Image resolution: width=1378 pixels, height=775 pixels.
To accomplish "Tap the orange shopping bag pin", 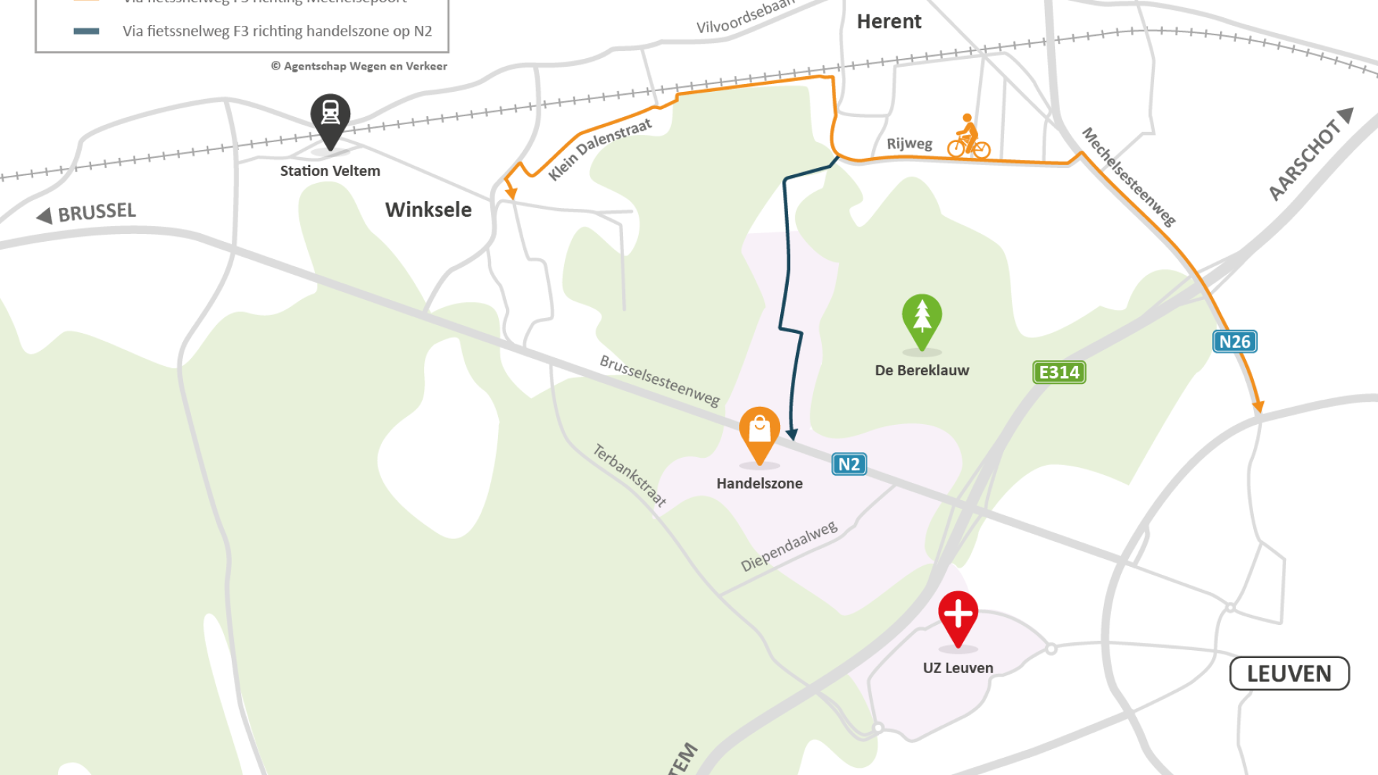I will [759, 433].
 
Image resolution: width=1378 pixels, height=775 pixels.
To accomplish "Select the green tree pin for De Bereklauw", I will [922, 320].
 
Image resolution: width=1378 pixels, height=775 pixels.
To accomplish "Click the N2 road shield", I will [849, 464].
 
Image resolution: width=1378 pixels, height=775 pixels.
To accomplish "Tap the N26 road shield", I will [1234, 342].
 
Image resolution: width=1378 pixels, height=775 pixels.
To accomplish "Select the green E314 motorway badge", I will [1059, 372].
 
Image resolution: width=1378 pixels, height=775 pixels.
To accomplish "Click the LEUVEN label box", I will [1289, 674].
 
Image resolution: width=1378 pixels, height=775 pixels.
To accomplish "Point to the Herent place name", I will [889, 22].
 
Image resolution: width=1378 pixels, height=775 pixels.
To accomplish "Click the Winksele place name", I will [428, 210].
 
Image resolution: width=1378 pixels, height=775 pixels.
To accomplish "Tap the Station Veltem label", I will [330, 171].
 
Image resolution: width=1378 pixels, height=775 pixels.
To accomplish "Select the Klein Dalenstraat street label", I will [600, 149].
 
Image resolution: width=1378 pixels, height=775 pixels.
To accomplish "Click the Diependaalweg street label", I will [789, 546].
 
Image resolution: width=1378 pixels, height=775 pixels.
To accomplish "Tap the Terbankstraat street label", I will [629, 475].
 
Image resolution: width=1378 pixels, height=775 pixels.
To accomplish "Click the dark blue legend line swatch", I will [86, 31].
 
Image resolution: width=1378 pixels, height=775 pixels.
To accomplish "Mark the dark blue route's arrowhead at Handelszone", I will [792, 434].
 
